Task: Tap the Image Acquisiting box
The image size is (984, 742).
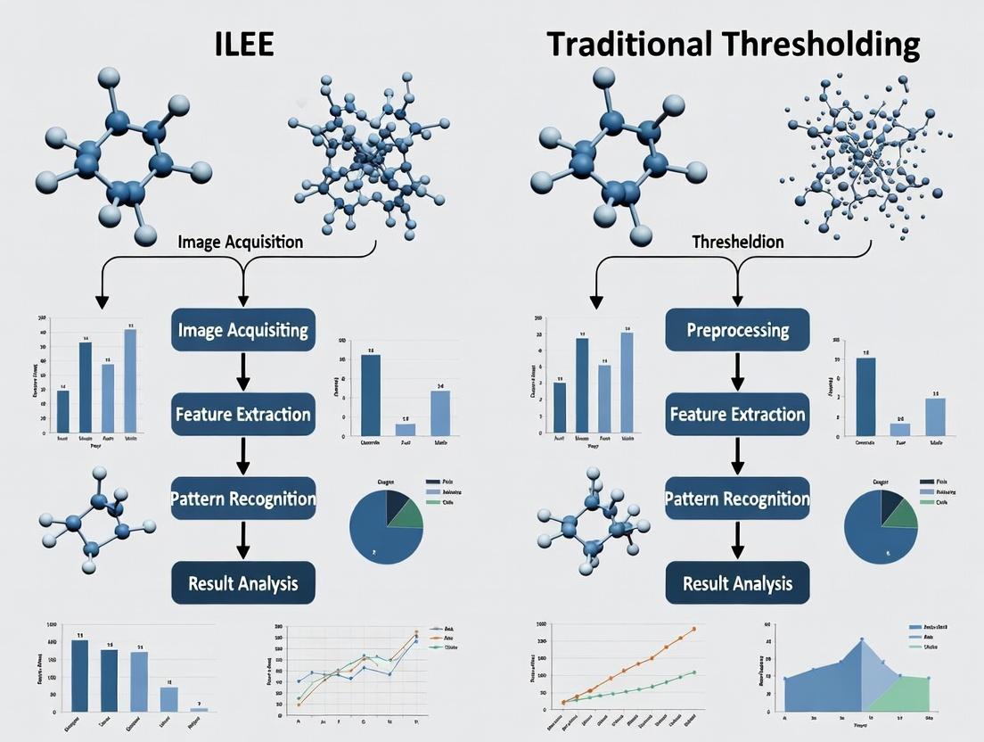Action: pos(242,331)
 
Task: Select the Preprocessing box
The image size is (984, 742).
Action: pos(737,331)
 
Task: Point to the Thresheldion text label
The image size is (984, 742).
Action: pos(738,243)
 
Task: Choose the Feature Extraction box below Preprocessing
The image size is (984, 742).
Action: pos(737,415)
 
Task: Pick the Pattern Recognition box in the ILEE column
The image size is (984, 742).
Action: pos(242,499)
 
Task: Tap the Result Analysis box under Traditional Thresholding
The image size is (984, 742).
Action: pos(737,584)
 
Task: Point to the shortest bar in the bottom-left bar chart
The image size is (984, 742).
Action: pos(199,708)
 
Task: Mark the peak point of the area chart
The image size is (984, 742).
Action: pos(862,639)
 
